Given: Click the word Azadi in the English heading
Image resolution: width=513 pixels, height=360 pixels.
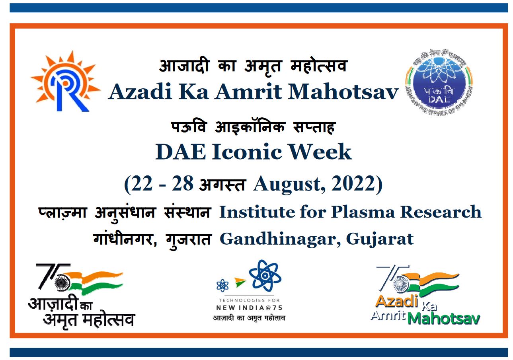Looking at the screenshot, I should (133, 92).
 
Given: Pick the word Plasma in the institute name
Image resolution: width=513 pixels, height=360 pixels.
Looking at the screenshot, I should (362, 212).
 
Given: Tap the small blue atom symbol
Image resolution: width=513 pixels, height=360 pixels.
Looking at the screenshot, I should (222, 285).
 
